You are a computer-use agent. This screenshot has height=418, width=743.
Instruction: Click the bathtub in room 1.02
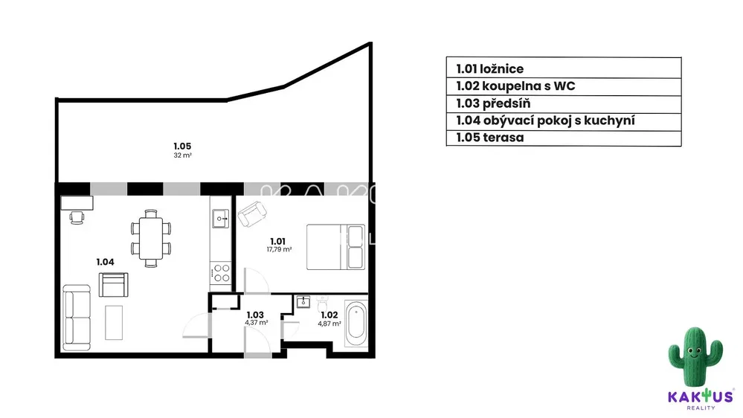pos(356,324)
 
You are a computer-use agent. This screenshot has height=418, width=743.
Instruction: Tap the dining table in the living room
pos(151,239)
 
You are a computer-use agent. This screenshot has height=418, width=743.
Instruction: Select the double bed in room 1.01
pos(335,247)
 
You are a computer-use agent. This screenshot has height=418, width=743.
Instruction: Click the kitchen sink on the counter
pos(220,219)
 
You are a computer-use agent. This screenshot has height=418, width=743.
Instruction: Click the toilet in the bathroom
pos(323,303)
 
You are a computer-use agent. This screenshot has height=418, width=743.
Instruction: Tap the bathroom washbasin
pos(303,302)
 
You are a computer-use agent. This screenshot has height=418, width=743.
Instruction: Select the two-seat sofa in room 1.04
pos(77,318)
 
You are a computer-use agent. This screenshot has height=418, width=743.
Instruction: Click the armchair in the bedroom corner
pos(252,214)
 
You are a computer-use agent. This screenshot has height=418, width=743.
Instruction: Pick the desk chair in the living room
pos(77,217)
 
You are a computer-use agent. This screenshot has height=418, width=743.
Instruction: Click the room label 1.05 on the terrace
pos(182,146)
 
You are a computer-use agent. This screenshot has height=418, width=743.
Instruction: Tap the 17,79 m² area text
pos(279,249)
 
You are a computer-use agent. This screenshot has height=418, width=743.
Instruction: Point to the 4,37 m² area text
pos(257,323)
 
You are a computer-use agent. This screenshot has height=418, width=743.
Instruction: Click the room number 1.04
pos(105,262)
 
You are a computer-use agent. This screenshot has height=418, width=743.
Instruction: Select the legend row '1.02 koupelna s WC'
pos(564,86)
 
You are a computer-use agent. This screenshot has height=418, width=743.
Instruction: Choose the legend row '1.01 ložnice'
pos(564,68)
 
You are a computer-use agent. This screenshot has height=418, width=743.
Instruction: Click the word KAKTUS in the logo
pos(701,396)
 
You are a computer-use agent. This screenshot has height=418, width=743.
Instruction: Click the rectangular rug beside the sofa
pos(114,322)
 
